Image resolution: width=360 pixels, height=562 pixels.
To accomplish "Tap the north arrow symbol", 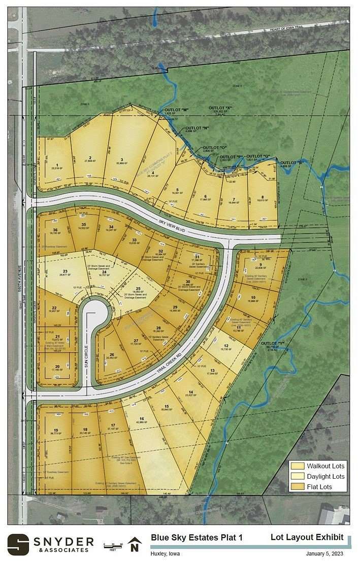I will click(x=134, y=544).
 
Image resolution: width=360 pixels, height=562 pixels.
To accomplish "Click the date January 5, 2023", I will click(x=325, y=553).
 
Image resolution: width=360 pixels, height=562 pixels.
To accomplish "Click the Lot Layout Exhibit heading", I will click(x=307, y=537).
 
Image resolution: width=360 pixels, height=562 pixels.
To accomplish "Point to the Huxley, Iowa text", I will click(x=165, y=553).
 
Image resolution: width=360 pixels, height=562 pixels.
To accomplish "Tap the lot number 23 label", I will click(x=65, y=271).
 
